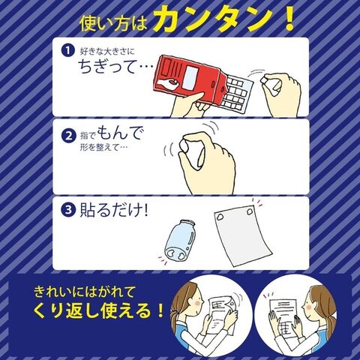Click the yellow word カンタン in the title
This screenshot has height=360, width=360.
(213, 19)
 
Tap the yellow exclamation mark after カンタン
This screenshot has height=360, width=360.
(289, 18)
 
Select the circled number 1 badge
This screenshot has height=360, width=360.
(68, 51)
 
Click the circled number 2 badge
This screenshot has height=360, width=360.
(68, 136)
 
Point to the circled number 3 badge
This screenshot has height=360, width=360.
(68, 210)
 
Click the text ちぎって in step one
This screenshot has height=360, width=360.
(107, 67)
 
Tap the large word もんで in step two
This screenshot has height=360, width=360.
(121, 133)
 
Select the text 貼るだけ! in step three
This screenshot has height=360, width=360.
(114, 210)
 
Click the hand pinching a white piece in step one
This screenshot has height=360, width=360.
(280, 93)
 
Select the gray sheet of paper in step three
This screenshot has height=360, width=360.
(242, 235)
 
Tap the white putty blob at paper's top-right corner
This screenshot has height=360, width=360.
(250, 211)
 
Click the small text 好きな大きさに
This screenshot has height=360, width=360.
(107, 51)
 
